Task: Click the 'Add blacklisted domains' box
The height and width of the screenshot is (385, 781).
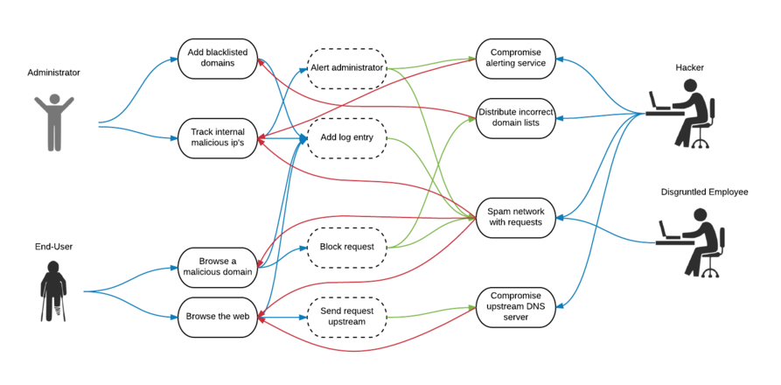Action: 217,58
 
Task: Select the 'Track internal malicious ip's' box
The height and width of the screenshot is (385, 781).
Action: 217,138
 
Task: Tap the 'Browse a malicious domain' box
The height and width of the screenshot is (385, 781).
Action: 217,266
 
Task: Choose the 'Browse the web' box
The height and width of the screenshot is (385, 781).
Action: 217,316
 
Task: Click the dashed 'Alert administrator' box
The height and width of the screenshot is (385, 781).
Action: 347,67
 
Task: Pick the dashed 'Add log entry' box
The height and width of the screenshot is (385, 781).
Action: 347,137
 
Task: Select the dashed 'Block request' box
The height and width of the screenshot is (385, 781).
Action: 347,247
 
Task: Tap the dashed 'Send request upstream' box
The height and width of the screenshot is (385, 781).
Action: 347,317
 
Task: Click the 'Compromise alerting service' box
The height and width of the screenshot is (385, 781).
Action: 516,58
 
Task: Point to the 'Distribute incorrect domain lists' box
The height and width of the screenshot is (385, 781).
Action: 516,117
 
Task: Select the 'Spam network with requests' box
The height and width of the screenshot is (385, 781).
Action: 516,217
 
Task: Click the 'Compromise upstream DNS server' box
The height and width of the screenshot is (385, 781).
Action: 516,307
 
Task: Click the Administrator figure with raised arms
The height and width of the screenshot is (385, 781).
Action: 54,120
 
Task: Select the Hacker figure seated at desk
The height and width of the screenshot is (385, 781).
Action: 685,114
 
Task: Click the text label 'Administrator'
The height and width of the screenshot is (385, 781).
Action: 53,73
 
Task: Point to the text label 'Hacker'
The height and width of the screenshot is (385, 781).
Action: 688,66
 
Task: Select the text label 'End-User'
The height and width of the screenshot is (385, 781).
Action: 53,247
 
